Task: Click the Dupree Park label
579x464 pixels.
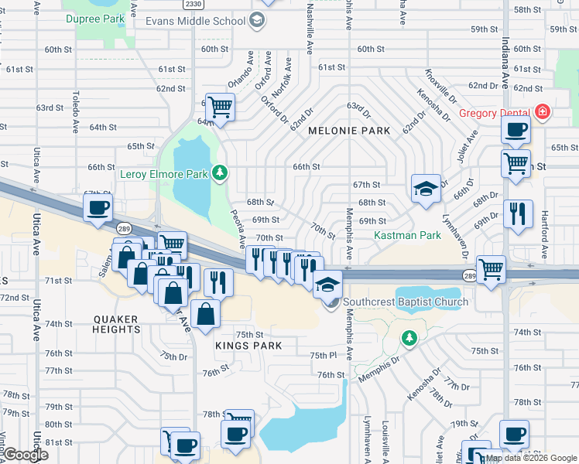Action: pyautogui.click(x=94, y=18)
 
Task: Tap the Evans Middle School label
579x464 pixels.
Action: pyautogui.click(x=195, y=21)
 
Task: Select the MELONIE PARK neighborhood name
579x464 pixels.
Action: pyautogui.click(x=349, y=131)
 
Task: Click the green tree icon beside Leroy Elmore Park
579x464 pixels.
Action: pyautogui.click(x=221, y=173)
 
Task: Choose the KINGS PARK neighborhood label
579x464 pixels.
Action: pyautogui.click(x=248, y=346)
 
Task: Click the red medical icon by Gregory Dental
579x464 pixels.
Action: pyautogui.click(x=543, y=113)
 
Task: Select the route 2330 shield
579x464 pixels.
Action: pyautogui.click(x=195, y=5)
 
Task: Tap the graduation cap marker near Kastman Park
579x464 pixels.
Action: pyautogui.click(x=425, y=189)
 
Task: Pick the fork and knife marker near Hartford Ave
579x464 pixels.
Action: pyautogui.click(x=518, y=213)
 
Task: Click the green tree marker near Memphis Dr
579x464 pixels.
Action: pyautogui.click(x=409, y=337)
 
